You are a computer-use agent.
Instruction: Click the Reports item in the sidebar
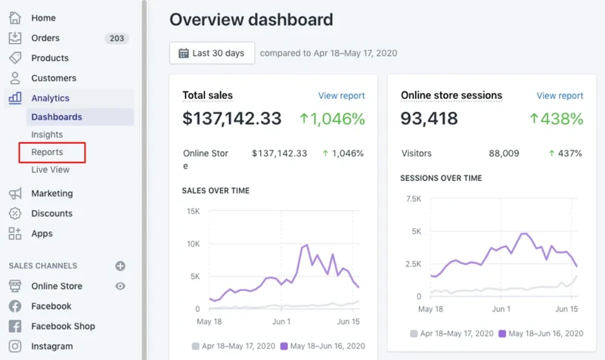tap(47, 152)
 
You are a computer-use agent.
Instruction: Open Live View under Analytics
tap(50, 169)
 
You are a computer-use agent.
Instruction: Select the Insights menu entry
tap(47, 135)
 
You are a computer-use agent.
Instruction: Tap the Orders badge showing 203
tap(116, 38)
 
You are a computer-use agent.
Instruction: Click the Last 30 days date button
tap(212, 53)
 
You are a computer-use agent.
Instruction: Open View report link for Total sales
tap(341, 95)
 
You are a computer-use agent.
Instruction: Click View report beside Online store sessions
tap(560, 95)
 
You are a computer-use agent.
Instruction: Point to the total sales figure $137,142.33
tap(231, 119)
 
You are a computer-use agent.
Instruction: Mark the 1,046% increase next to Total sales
tap(332, 119)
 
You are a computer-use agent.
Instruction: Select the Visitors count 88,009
tap(504, 154)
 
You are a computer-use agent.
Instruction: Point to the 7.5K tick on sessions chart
tap(413, 199)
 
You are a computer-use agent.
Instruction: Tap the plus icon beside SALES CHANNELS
tap(120, 266)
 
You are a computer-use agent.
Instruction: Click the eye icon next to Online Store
tap(120, 286)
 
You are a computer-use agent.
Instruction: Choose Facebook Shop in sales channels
tap(63, 326)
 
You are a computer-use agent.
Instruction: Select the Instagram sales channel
tap(52, 346)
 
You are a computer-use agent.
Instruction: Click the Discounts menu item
tap(51, 213)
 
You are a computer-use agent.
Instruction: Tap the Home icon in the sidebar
tap(15, 17)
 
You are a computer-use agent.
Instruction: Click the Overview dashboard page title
tap(251, 20)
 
